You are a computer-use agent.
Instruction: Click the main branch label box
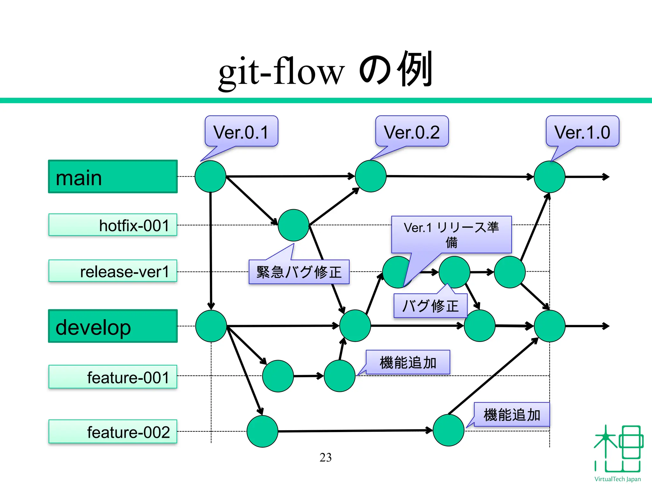(x=113, y=177)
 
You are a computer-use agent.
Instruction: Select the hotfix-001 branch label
(x=113, y=225)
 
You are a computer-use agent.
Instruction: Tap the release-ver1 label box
(x=113, y=271)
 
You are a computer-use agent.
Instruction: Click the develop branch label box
(x=113, y=326)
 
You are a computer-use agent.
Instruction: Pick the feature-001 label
(x=113, y=377)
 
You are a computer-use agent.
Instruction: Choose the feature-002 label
(x=113, y=432)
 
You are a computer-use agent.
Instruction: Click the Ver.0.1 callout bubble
(x=241, y=131)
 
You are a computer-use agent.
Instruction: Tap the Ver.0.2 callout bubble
(x=412, y=131)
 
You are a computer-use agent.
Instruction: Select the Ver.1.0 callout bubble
(x=583, y=131)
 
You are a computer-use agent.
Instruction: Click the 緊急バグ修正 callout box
(x=299, y=272)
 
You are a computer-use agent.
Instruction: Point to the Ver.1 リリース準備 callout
(x=451, y=235)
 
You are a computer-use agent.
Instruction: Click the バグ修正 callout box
(x=430, y=306)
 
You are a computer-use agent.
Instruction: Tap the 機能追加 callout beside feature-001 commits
(x=408, y=363)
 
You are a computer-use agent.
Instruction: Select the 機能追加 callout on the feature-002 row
(x=512, y=415)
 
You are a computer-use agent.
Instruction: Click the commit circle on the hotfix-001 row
(x=293, y=225)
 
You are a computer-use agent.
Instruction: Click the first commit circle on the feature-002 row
(x=262, y=431)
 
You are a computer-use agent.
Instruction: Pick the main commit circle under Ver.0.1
(x=210, y=176)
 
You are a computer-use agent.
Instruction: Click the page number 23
(x=325, y=457)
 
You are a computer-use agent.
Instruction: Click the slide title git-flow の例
(x=325, y=71)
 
